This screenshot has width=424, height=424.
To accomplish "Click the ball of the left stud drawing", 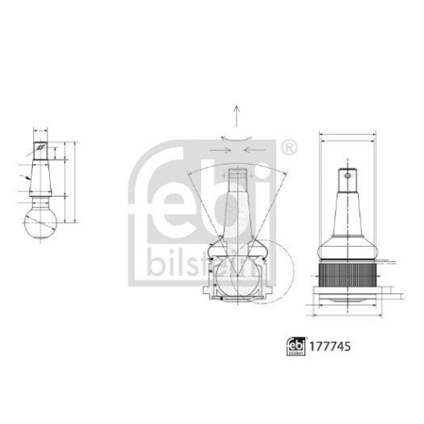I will pyautogui.click(x=39, y=224).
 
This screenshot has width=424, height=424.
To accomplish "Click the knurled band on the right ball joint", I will pyautogui.click(x=347, y=273).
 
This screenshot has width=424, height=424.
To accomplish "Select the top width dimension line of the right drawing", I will pyautogui.click(x=347, y=136).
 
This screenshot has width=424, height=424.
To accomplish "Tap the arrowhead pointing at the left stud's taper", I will pyautogui.click(x=29, y=179).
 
